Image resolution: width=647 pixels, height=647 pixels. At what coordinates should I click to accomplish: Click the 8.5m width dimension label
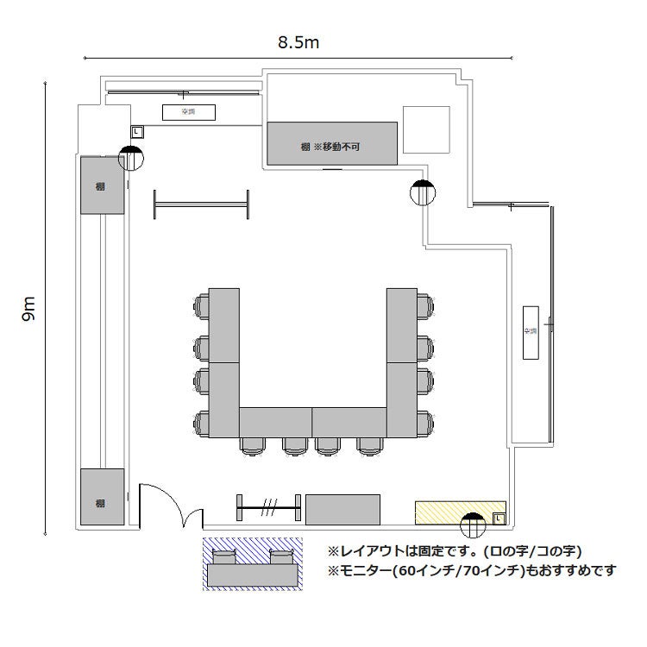click(294, 41)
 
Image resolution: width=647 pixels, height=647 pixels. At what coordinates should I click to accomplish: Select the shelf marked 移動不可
click(332, 143)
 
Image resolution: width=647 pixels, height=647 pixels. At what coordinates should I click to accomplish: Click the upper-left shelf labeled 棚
click(102, 185)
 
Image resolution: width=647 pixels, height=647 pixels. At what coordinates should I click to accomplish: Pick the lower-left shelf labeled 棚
click(102, 497)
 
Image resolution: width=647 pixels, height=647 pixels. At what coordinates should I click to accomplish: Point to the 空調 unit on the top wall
click(187, 112)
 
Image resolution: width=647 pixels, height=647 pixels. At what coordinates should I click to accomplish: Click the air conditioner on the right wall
click(530, 332)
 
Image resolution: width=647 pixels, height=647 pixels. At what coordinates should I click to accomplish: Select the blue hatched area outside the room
click(253, 564)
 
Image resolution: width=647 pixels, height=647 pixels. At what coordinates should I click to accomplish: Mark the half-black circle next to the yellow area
click(473, 525)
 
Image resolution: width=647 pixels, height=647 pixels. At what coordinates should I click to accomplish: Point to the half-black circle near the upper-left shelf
click(130, 158)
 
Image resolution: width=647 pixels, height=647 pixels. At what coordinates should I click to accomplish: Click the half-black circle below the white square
click(423, 192)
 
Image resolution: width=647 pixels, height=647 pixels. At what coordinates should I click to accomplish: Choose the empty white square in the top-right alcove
click(426, 129)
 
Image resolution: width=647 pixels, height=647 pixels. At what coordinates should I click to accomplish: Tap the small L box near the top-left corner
click(135, 131)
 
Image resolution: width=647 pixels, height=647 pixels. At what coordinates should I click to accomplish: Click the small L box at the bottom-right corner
click(498, 518)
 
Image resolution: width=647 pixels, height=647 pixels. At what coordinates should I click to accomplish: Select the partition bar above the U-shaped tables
click(202, 205)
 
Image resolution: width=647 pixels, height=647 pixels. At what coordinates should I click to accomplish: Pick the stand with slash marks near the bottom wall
click(268, 508)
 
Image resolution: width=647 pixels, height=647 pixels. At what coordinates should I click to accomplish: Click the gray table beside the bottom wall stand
click(342, 508)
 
